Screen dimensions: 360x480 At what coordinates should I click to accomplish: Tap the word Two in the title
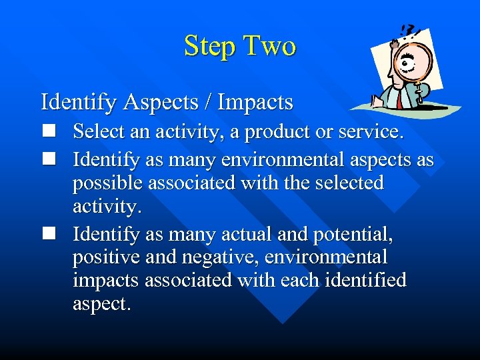click(x=270, y=47)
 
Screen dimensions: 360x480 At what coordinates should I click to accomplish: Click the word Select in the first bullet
click(x=100, y=132)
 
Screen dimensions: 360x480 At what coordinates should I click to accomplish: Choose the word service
click(x=370, y=132)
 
